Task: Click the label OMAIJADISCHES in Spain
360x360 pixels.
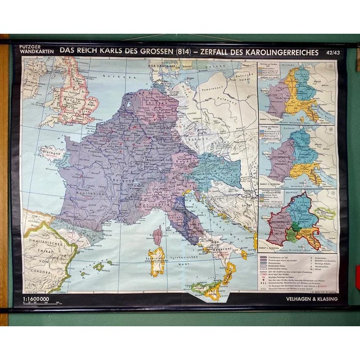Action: [x=43, y=252]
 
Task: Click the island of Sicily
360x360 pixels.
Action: [x=208, y=289]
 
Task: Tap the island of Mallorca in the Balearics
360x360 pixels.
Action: [x=100, y=266]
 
